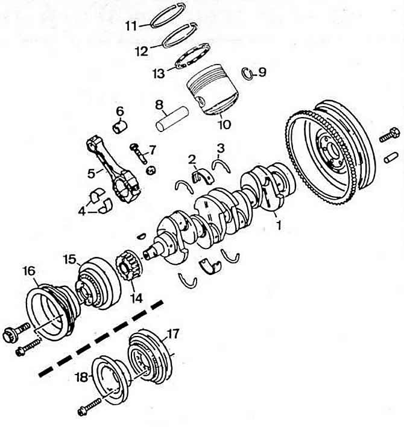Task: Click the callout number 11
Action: [131, 26]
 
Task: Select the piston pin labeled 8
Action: [172, 119]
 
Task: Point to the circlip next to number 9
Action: [247, 74]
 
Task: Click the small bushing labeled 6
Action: [120, 127]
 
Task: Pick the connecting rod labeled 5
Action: [113, 168]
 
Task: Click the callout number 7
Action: [152, 150]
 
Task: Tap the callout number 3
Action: [221, 148]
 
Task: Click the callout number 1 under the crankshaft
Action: [279, 225]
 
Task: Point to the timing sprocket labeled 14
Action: [128, 265]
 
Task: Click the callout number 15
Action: [70, 259]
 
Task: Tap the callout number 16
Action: [29, 271]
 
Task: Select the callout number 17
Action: [173, 334]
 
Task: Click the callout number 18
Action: [81, 378]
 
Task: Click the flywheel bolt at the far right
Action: [390, 134]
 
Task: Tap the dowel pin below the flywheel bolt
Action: [391, 157]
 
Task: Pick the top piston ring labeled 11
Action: [168, 16]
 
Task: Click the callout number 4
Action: [81, 211]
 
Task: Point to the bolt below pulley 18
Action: [89, 406]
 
